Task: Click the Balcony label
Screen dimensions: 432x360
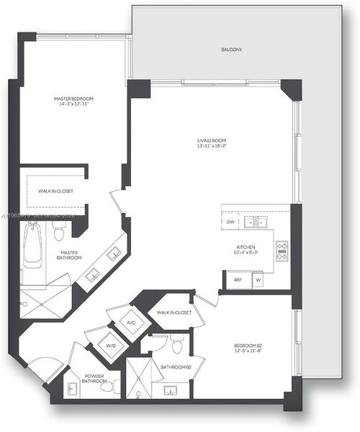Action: coord(231,50)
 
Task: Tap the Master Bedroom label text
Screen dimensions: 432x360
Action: coord(73,99)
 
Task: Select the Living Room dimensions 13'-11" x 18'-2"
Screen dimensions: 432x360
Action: coord(212,146)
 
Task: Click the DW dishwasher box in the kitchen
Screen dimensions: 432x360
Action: coord(230,222)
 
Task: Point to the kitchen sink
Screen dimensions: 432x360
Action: coord(254,222)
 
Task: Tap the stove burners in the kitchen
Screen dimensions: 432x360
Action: coord(282,252)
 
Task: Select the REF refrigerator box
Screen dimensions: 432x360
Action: coord(238,279)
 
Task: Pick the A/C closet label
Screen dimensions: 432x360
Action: coord(131,323)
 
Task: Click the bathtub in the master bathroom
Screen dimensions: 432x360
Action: coord(32,246)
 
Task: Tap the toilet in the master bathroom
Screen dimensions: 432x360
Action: coord(59,231)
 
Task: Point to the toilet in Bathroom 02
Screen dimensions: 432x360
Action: coord(177,343)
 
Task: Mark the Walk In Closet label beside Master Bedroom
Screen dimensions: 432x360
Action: coord(53,192)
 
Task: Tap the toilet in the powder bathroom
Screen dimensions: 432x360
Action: coord(108,387)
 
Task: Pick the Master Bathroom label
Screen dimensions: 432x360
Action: coord(70,255)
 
